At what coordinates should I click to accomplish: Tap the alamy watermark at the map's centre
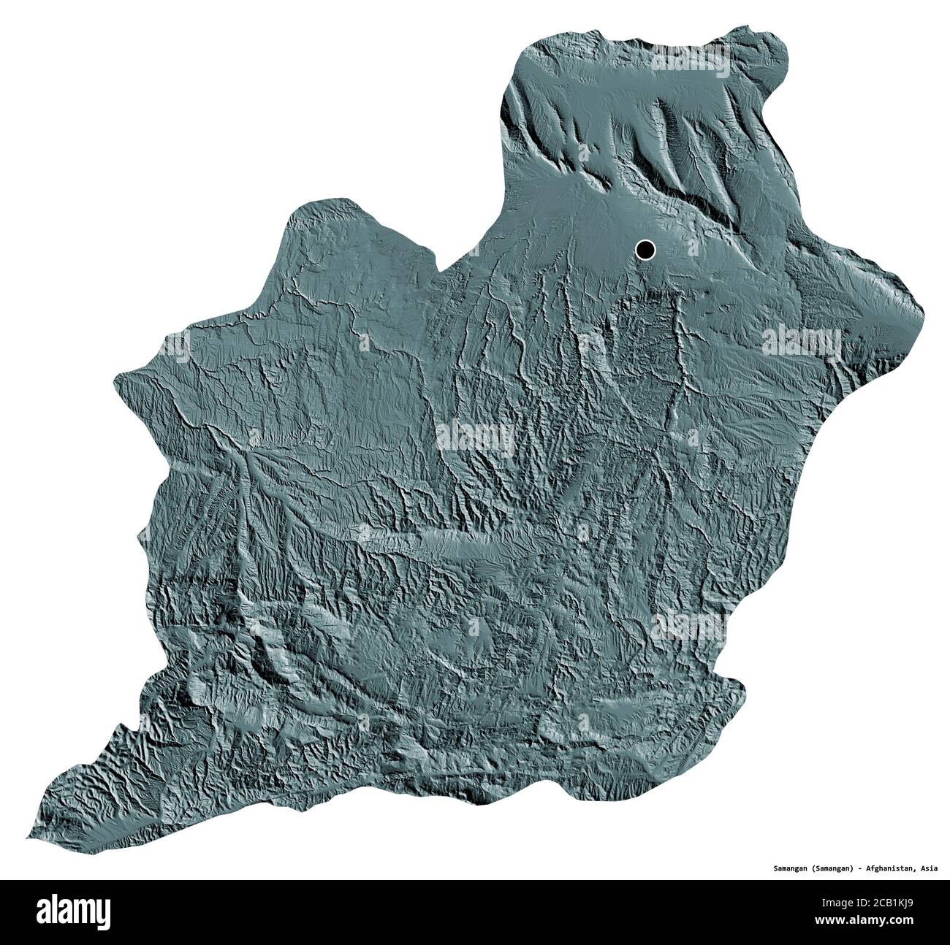475,438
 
